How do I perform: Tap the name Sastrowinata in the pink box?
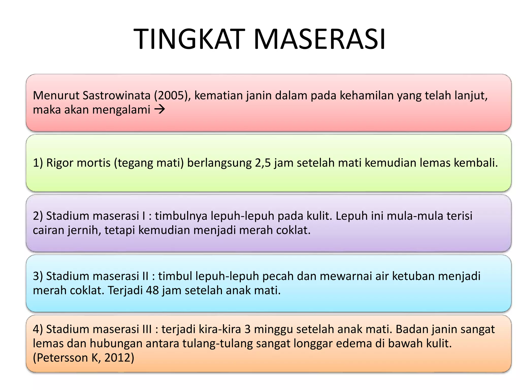tap(117, 95)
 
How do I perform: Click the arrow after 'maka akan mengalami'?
tap(160, 110)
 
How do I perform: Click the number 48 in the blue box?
tap(152, 290)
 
